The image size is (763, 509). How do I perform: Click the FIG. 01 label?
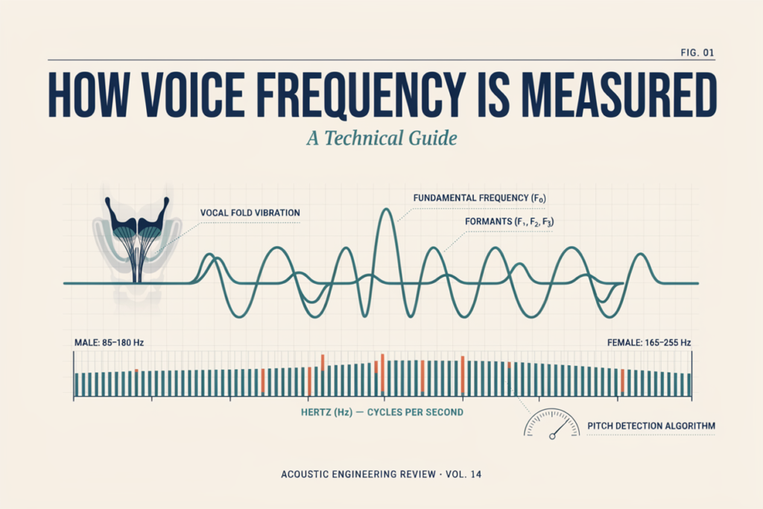point(697,53)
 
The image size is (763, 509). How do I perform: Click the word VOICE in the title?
point(193,95)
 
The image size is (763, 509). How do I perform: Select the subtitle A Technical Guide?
point(382,138)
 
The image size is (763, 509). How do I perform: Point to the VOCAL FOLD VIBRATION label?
point(250,212)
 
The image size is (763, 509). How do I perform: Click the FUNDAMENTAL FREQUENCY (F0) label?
point(479,198)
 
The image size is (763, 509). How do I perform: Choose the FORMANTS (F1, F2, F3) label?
point(509,222)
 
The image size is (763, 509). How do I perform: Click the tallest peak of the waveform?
point(387,209)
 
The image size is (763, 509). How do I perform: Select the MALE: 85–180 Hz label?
point(109,343)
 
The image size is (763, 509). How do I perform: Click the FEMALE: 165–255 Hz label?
point(649,343)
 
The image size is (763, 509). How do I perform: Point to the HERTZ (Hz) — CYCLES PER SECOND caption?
point(382,412)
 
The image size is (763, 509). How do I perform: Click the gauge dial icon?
point(552,423)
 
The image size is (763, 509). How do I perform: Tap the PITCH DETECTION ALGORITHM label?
point(651,426)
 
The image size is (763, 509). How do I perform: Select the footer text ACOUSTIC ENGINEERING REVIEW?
point(358,474)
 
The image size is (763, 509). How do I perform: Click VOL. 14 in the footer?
point(463,474)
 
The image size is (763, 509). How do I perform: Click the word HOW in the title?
point(89,95)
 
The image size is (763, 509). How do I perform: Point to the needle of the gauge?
point(560,428)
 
